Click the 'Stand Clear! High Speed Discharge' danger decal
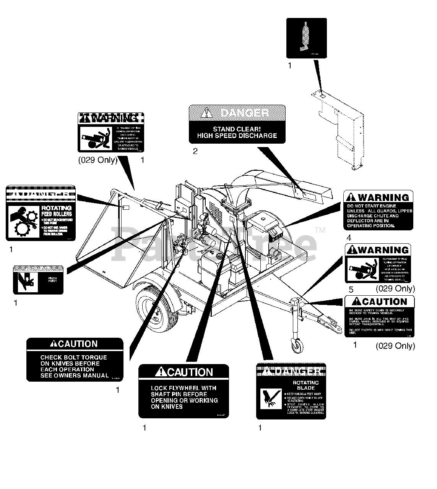tap(237, 124)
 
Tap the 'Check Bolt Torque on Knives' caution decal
tap(75, 359)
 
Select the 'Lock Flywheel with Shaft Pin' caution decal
tap(184, 391)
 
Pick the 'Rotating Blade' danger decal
tap(291, 391)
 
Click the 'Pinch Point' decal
tap(38, 280)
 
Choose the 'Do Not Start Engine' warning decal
tap(378, 210)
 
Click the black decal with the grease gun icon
tap(307, 38)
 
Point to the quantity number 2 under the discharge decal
tap(195, 151)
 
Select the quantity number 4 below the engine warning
tap(349, 238)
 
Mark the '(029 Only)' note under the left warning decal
tap(98, 160)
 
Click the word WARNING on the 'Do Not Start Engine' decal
tap(383, 198)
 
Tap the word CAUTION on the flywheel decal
tap(190, 372)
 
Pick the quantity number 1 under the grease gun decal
tap(290, 66)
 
